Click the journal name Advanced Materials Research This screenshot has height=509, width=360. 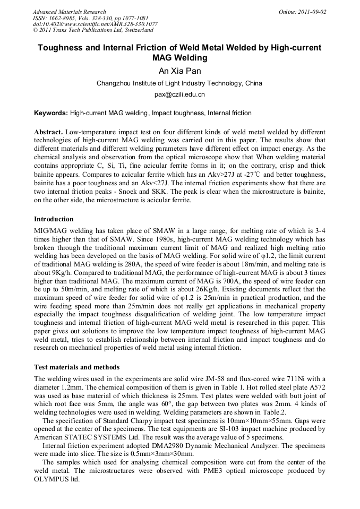[69, 12]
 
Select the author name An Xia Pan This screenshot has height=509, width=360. [179, 71]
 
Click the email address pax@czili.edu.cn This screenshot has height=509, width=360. [179, 94]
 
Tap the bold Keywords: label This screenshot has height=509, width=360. [51, 113]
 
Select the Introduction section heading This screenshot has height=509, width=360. [54, 219]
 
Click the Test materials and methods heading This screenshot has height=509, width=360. [76, 367]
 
